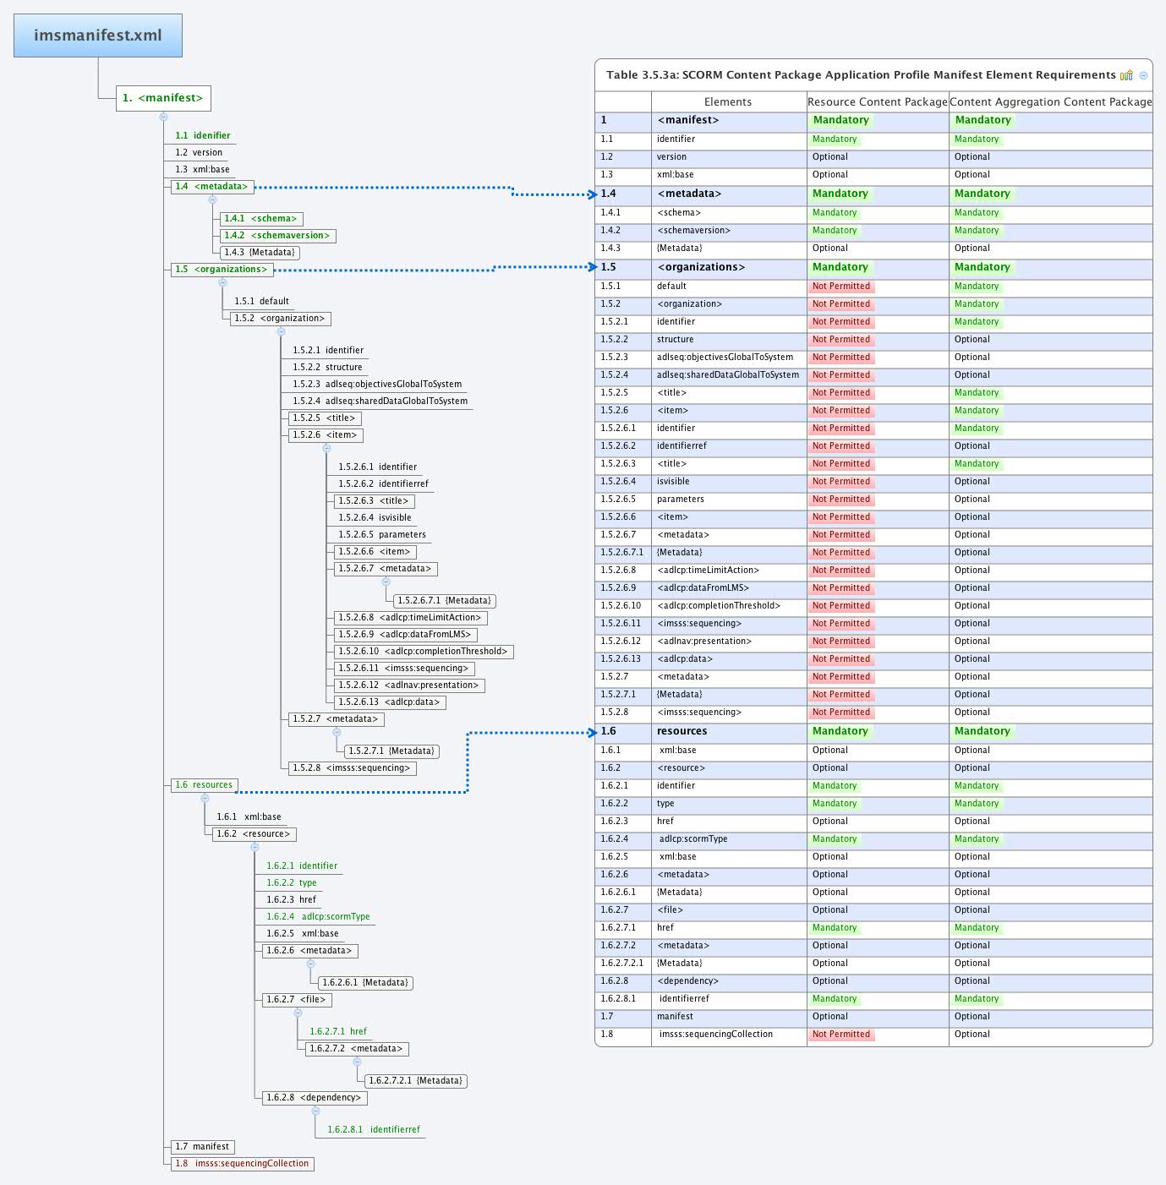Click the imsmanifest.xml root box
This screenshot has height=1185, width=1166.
[98, 35]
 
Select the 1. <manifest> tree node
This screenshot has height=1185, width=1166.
[163, 98]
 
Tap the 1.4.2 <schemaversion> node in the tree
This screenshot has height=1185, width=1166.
[276, 236]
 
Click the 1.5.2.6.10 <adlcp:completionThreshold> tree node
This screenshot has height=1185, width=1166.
[423, 652]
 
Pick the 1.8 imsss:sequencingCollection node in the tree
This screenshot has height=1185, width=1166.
[243, 1164]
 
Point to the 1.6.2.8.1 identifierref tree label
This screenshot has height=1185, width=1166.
[373, 1130]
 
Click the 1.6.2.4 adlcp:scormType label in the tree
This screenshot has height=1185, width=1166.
[318, 917]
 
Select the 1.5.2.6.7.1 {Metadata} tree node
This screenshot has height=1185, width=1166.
[444, 601]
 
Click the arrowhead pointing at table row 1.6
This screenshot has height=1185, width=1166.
[593, 733]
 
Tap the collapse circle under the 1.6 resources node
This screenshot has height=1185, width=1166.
[205, 798]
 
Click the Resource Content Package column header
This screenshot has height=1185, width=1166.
[877, 102]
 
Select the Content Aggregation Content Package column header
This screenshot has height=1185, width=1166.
[1050, 102]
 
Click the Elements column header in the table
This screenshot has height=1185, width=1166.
[727, 102]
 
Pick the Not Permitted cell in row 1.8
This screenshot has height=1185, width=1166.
[840, 1035]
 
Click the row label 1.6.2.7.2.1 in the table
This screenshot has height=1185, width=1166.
[621, 964]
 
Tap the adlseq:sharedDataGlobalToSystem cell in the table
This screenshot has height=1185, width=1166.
[727, 375]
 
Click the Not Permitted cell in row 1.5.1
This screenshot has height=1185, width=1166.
[840, 287]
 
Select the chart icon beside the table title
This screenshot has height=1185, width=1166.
[1125, 75]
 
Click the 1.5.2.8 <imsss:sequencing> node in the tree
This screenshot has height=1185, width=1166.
[352, 768]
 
